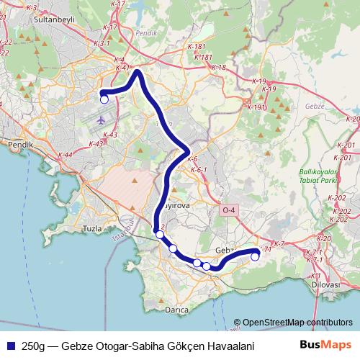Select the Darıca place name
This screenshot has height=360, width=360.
click(176, 310)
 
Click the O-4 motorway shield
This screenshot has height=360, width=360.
click(229, 210)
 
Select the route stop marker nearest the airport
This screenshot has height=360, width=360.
click(104, 99)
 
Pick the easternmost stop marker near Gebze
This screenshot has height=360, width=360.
click(255, 256)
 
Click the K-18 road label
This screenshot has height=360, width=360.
click(219, 68)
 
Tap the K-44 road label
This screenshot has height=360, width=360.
click(66, 155)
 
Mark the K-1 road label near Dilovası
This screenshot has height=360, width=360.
click(313, 276)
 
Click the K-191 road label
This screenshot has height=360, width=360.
click(256, 107)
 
